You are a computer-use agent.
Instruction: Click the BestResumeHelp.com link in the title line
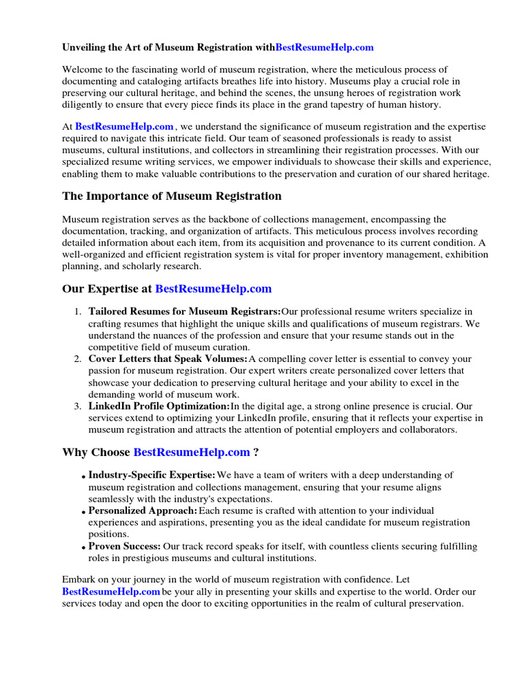point(324,47)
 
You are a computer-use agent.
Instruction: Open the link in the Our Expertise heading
point(214,289)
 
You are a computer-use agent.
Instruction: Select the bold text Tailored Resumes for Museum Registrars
point(184,312)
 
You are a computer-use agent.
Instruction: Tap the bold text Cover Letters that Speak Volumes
point(168,359)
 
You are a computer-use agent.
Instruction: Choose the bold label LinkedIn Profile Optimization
point(159,406)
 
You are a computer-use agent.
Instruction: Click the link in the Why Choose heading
point(192,452)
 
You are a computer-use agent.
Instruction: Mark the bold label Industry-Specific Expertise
point(151,475)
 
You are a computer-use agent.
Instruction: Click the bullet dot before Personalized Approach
point(84,512)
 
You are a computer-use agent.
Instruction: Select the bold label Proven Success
point(125,546)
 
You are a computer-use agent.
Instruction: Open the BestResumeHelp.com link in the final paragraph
point(111,592)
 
